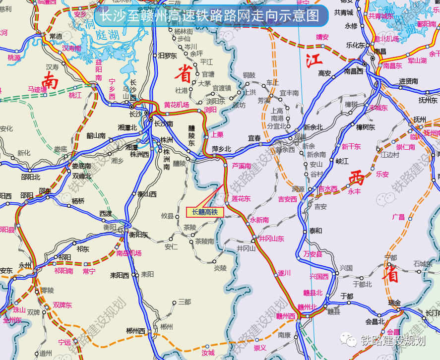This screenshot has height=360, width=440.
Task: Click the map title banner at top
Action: pyautogui.click(x=210, y=16)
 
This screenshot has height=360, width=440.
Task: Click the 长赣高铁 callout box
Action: pyautogui.click(x=205, y=212)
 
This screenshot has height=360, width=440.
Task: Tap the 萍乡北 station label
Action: pyautogui.click(x=222, y=149)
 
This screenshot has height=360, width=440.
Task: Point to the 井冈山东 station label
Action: pyautogui.click(x=271, y=239)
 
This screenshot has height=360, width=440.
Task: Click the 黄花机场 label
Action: pyautogui.click(x=177, y=105)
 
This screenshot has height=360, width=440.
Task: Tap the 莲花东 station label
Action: pyautogui.click(x=241, y=198)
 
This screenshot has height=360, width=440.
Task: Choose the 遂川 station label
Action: pyautogui.click(x=284, y=272)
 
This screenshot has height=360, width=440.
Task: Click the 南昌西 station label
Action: pyautogui.click(x=354, y=71)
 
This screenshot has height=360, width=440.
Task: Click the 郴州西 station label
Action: pyautogui.click(x=135, y=331)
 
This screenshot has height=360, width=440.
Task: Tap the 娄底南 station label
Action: pyautogui.click(x=81, y=166)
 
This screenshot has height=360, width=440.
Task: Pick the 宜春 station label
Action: pyautogui.click(x=254, y=138)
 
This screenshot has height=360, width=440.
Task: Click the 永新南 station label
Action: pyautogui.click(x=259, y=220)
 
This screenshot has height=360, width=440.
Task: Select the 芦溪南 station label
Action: pyautogui.click(x=242, y=166)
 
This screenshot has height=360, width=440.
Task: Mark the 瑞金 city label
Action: pyautogui.click(x=394, y=302)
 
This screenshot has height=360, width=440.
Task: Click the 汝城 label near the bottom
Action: pyautogui.click(x=208, y=353)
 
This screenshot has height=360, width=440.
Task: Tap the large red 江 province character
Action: pyautogui.click(x=314, y=61)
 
